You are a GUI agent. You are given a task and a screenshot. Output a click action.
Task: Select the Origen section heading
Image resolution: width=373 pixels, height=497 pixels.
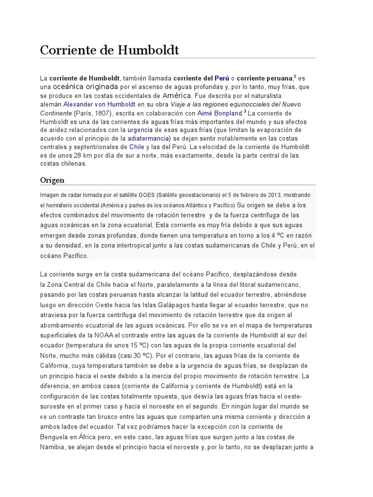pyautogui.click(x=52, y=180)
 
